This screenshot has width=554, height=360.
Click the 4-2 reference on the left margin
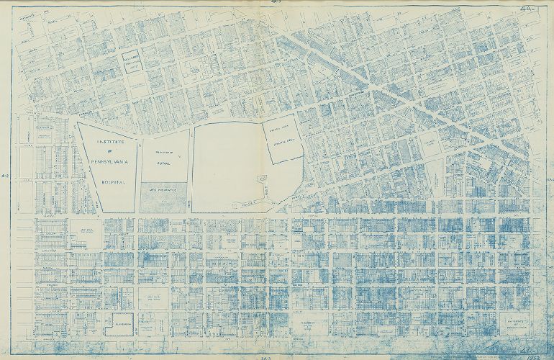pos(6,176)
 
